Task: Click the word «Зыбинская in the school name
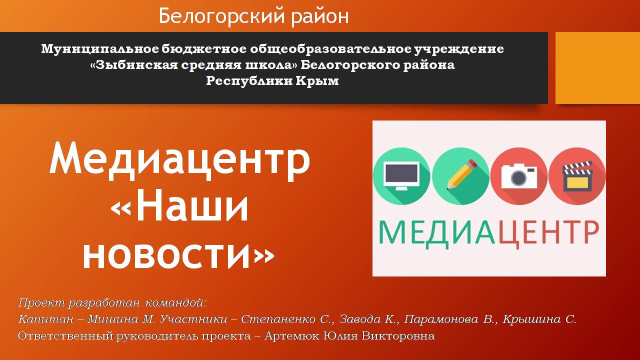pos(133,65)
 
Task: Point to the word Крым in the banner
pos(317,81)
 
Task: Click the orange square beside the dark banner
pos(597,67)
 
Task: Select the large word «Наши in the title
pos(179,205)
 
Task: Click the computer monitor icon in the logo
pos(401,175)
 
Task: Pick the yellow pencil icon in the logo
pos(461,174)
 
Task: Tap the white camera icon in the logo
pos(519,176)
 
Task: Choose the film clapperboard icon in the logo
pos(577,176)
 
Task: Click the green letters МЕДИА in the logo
pos(437,233)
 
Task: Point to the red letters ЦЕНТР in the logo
pos(549,233)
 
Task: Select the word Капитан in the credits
pos(45,319)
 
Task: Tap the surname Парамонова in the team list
pos(441,319)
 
